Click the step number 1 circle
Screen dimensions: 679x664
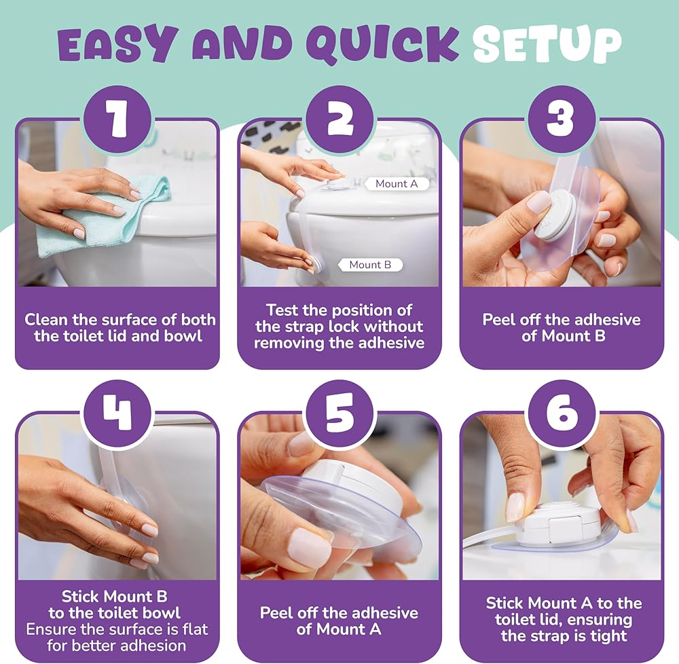click(117, 118)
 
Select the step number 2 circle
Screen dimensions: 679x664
click(339, 118)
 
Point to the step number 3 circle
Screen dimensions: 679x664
click(562, 118)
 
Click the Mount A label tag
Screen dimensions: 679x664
click(397, 184)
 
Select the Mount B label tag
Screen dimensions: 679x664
click(370, 265)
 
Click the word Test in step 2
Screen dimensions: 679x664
click(282, 310)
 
